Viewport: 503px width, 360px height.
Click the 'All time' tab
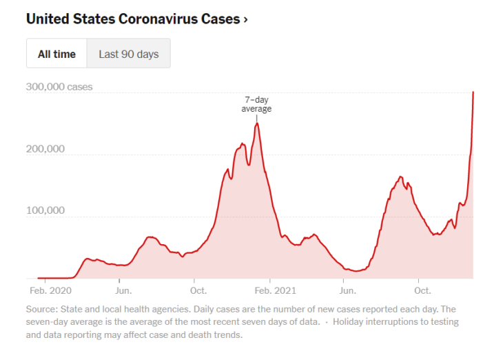point(57,54)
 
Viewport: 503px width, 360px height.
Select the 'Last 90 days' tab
point(128,54)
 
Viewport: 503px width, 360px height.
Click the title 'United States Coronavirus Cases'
point(132,19)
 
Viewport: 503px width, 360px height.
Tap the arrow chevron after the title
point(245,19)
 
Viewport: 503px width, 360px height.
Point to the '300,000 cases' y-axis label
point(59,88)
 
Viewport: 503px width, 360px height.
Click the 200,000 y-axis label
point(45,149)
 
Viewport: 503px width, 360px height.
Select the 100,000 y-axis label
point(45,210)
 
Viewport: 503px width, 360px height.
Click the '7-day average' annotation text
point(256,104)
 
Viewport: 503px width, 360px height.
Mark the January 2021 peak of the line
point(257,123)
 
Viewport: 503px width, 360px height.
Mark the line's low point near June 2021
point(356,271)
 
